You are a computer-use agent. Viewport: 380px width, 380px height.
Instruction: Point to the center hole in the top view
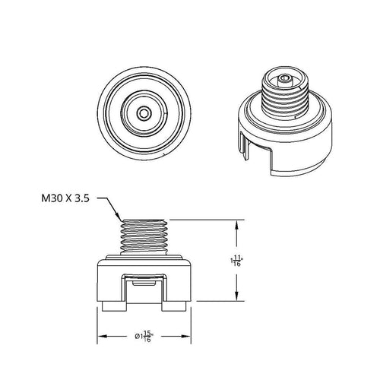coord(144,112)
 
